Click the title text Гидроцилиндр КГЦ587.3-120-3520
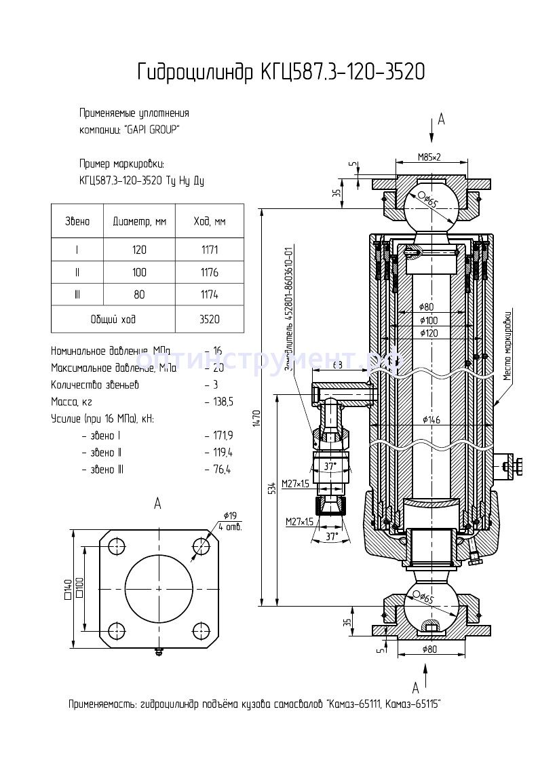(x=281, y=72)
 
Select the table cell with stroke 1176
(x=210, y=272)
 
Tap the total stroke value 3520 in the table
(x=210, y=318)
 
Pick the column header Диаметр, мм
(x=139, y=221)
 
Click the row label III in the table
(x=77, y=294)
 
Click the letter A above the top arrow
(x=441, y=119)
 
